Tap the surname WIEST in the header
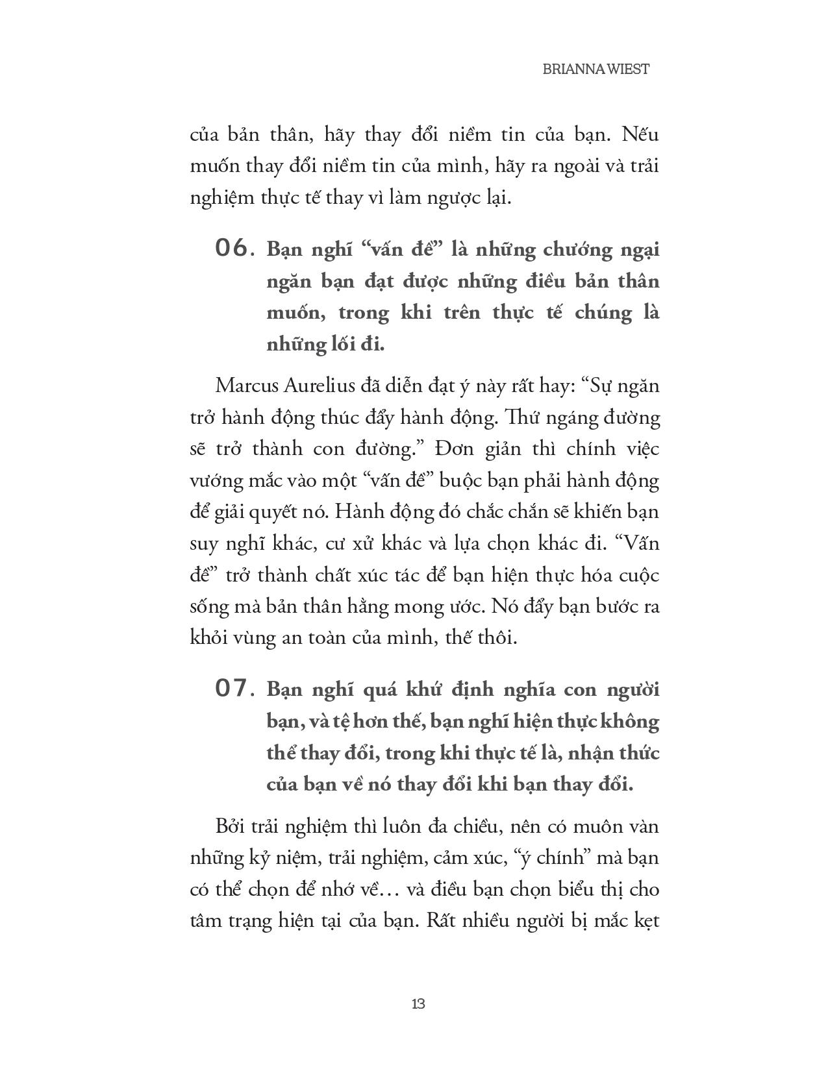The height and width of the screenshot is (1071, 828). (x=628, y=69)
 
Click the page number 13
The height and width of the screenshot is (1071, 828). (x=418, y=1003)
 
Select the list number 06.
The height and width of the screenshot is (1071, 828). (x=232, y=249)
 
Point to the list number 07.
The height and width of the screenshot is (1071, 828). (x=232, y=689)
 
